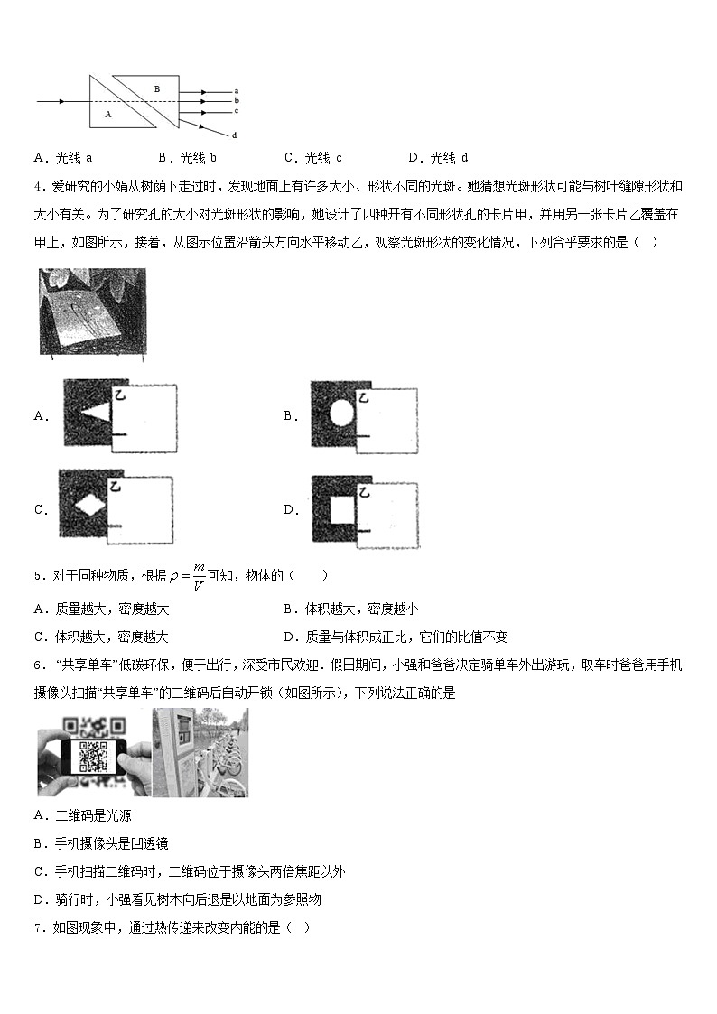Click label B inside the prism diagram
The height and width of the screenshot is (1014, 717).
[157, 88]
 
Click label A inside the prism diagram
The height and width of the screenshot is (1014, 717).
[107, 115]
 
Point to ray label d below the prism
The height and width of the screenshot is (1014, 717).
[235, 135]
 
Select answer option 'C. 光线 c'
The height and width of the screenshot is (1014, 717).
[312, 158]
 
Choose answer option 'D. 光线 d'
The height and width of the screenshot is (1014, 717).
[438, 158]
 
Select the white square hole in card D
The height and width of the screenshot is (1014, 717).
[341, 509]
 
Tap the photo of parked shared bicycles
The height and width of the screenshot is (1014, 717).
[200, 752]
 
